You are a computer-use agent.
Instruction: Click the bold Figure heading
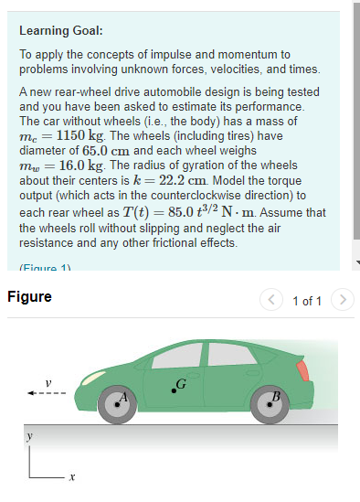(29, 297)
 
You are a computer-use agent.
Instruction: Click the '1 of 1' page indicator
(307, 301)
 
